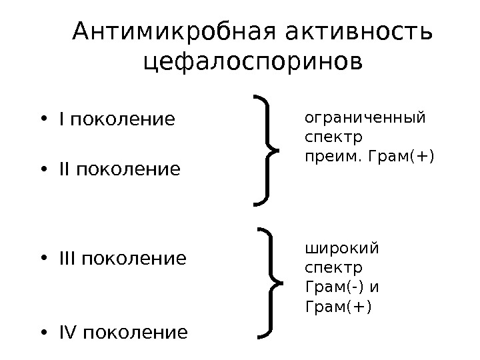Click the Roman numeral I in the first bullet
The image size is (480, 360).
61,120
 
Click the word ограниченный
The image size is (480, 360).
364,119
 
